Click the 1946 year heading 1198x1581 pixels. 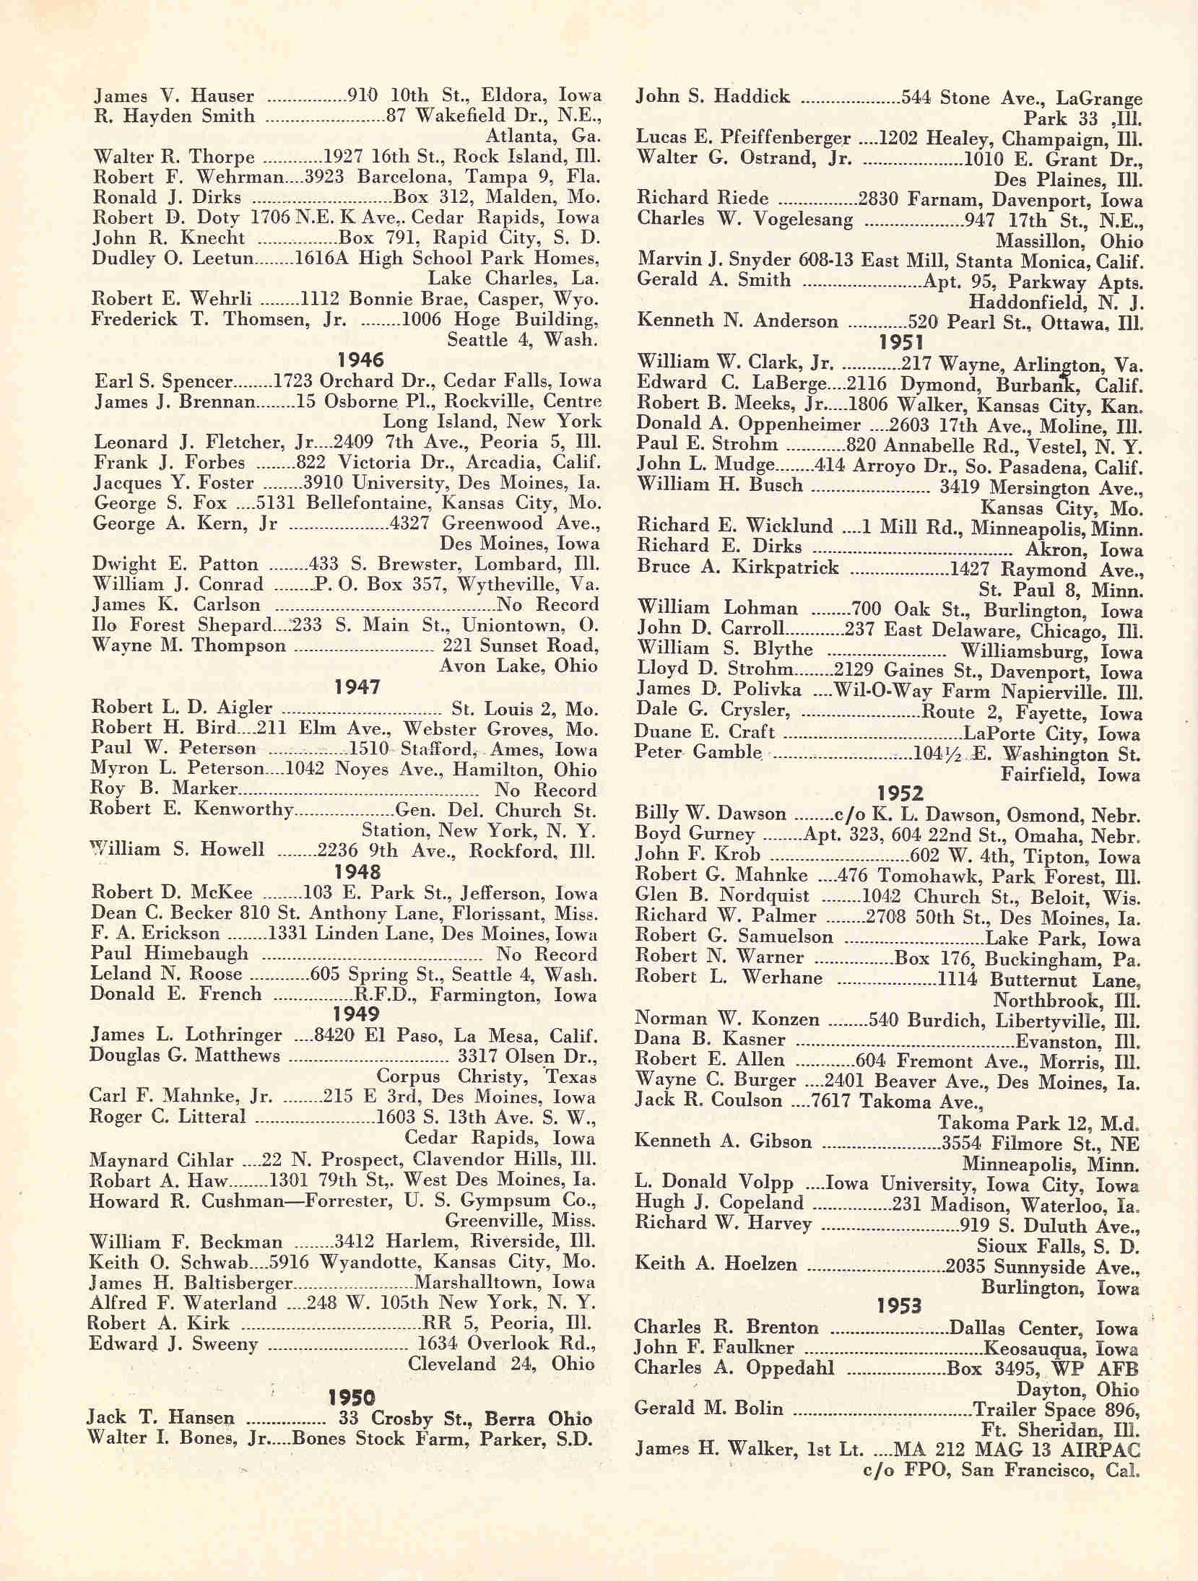tap(361, 360)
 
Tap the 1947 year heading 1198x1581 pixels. tap(358, 687)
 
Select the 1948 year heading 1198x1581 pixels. tap(358, 872)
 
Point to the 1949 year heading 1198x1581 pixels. tap(357, 1014)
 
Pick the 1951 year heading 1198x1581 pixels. tap(902, 342)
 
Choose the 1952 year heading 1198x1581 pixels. tap(901, 794)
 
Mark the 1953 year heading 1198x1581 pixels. tap(900, 1305)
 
